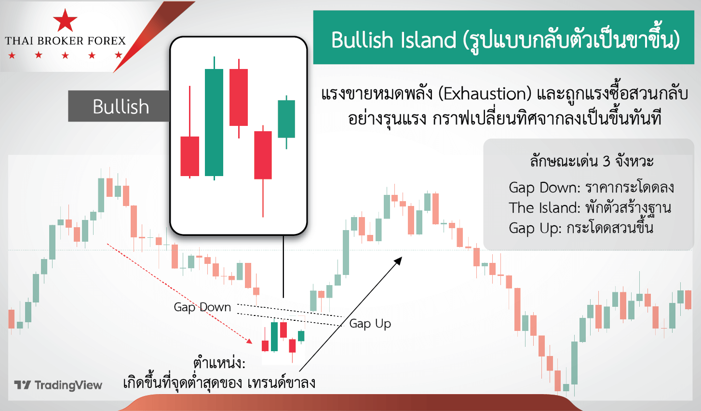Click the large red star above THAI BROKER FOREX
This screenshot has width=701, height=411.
(x=65, y=20)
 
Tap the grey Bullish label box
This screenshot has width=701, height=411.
(x=119, y=106)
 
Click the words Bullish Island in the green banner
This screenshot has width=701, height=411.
(x=393, y=40)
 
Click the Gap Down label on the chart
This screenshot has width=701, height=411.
(x=202, y=307)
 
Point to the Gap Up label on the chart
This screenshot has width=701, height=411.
(x=370, y=324)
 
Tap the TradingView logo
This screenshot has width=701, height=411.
(x=58, y=385)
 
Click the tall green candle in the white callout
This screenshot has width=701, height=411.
(x=214, y=119)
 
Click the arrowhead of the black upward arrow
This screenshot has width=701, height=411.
(x=398, y=260)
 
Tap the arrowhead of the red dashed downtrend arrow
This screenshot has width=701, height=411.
(x=249, y=341)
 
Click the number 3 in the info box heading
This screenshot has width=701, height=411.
(x=607, y=162)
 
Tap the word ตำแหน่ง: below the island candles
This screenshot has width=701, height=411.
(x=219, y=363)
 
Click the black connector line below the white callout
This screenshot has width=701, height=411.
(x=283, y=266)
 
